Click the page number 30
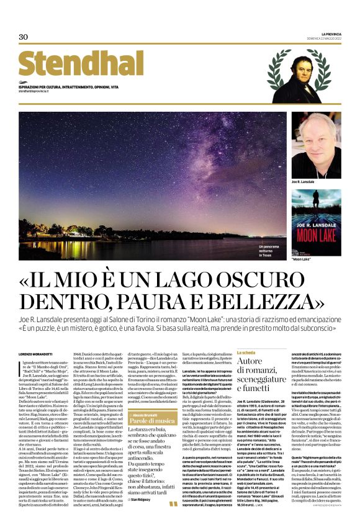pos(24,37)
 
